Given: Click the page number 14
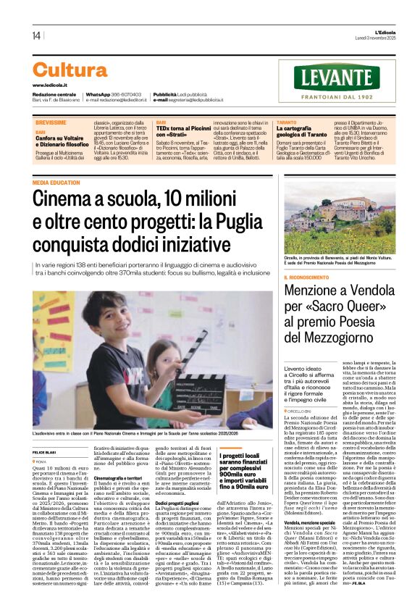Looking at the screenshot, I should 35,35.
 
